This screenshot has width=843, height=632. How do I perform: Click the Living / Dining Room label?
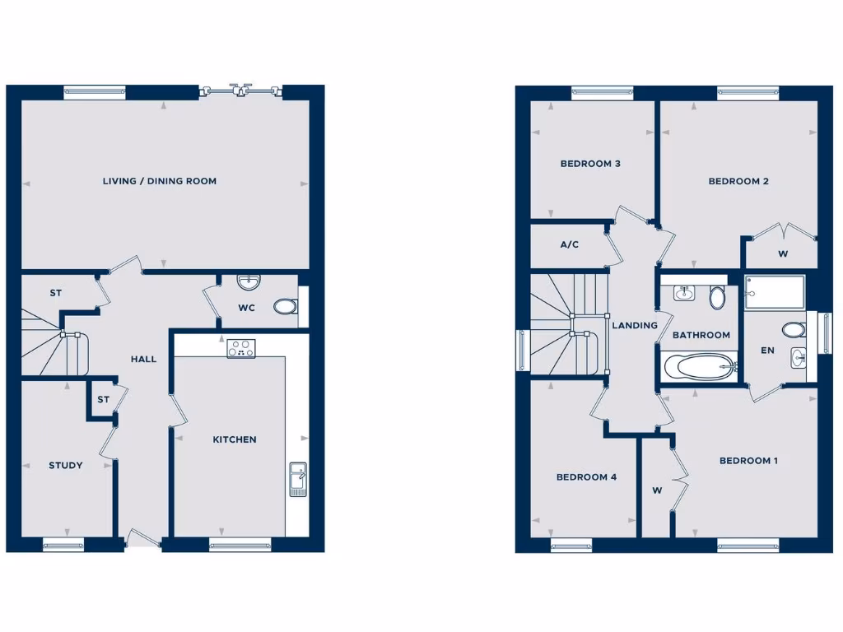click(x=160, y=181)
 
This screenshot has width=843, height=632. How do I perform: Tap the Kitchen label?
click(x=235, y=439)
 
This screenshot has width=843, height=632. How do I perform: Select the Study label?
click(x=65, y=466)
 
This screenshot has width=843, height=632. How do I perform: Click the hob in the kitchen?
click(x=241, y=348)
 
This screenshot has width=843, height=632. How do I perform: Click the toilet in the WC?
click(x=285, y=307)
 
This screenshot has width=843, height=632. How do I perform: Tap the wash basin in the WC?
click(x=248, y=282)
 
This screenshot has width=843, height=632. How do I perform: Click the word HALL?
click(x=143, y=360)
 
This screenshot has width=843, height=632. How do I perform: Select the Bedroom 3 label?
click(x=590, y=164)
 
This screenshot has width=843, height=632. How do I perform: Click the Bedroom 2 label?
click(x=738, y=181)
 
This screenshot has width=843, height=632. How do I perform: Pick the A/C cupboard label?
click(x=570, y=244)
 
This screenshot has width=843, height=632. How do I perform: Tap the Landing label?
click(x=635, y=325)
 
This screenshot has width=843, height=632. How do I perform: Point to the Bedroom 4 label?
click(x=586, y=477)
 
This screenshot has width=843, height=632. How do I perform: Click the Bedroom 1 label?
click(x=748, y=461)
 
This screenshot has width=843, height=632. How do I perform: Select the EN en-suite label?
click(x=767, y=351)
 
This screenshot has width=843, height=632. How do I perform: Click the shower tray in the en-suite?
click(x=775, y=292)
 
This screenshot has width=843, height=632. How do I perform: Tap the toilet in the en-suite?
click(x=794, y=330)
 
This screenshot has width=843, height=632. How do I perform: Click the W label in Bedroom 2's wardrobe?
click(x=782, y=254)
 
